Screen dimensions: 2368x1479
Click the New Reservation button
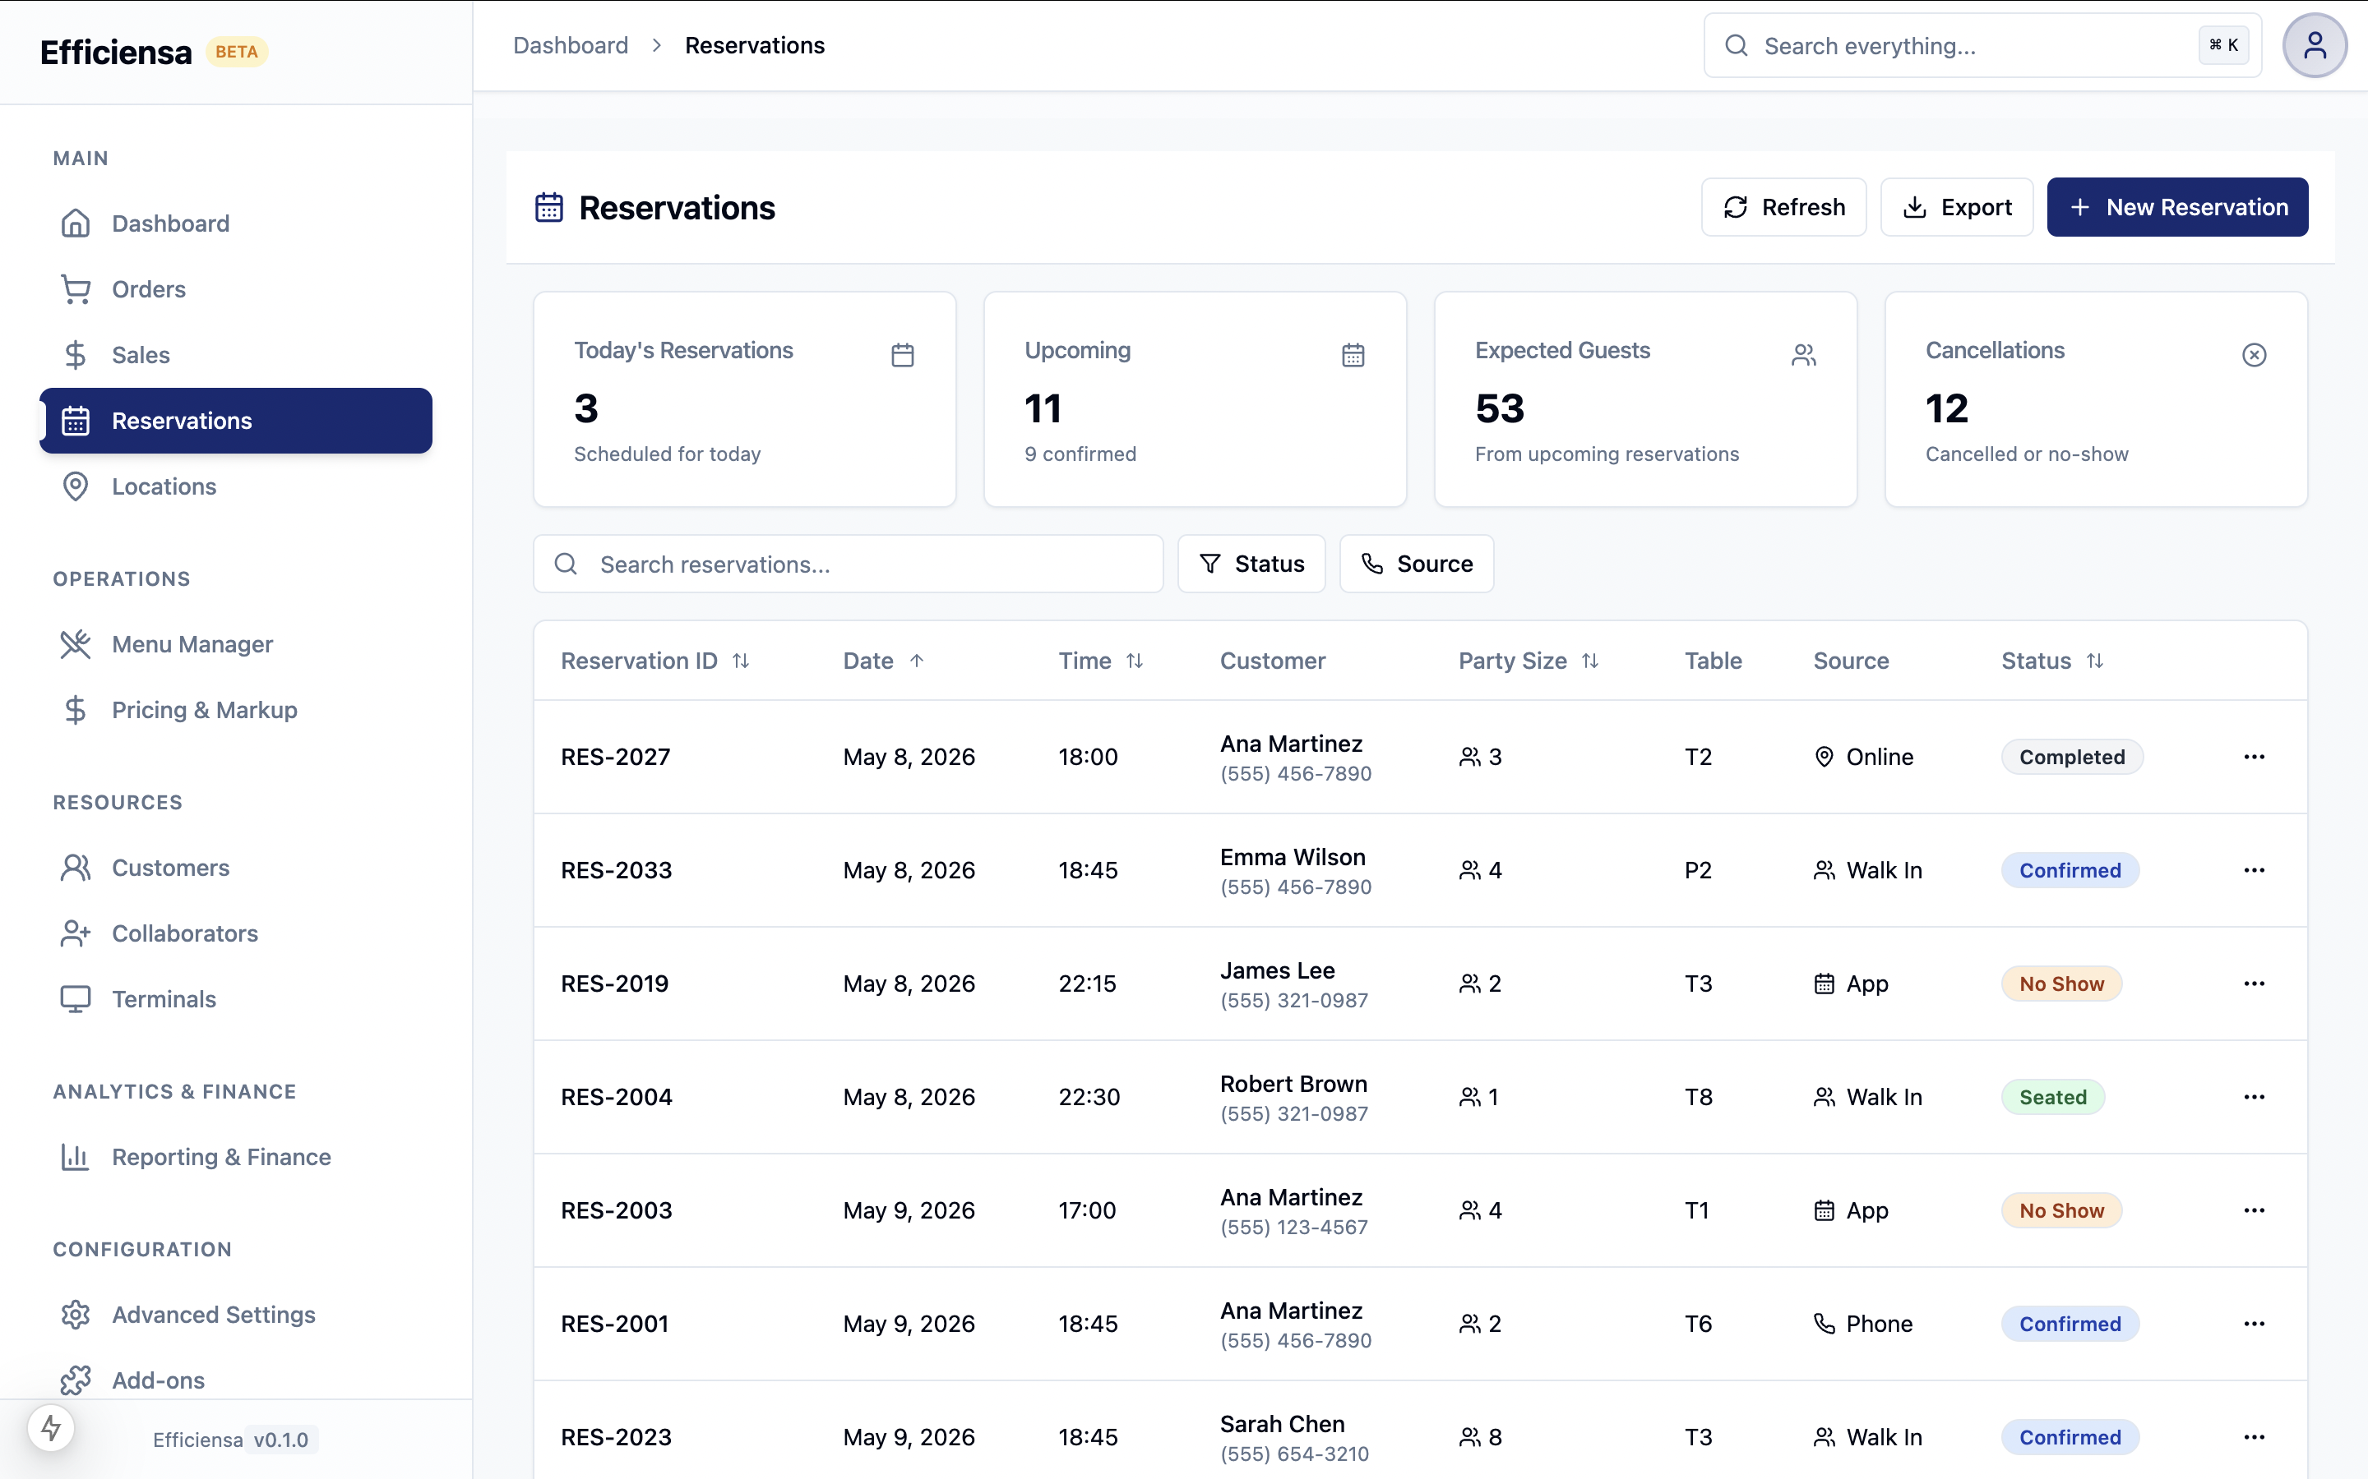pyautogui.click(x=2176, y=206)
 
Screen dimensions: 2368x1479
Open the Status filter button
pyautogui.click(x=1251, y=564)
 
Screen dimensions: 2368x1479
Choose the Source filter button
pyautogui.click(x=1416, y=564)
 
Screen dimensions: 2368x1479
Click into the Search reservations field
pyautogui.click(x=848, y=564)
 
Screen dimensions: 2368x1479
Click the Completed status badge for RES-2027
pyautogui.click(x=2071, y=756)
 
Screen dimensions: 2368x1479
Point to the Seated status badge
pyautogui.click(x=2052, y=1097)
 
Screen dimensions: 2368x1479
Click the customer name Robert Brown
pyautogui.click(x=1293, y=1083)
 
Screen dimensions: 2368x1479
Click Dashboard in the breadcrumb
pyautogui.click(x=571, y=45)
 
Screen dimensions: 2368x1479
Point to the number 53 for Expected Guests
pyautogui.click(x=1499, y=408)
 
